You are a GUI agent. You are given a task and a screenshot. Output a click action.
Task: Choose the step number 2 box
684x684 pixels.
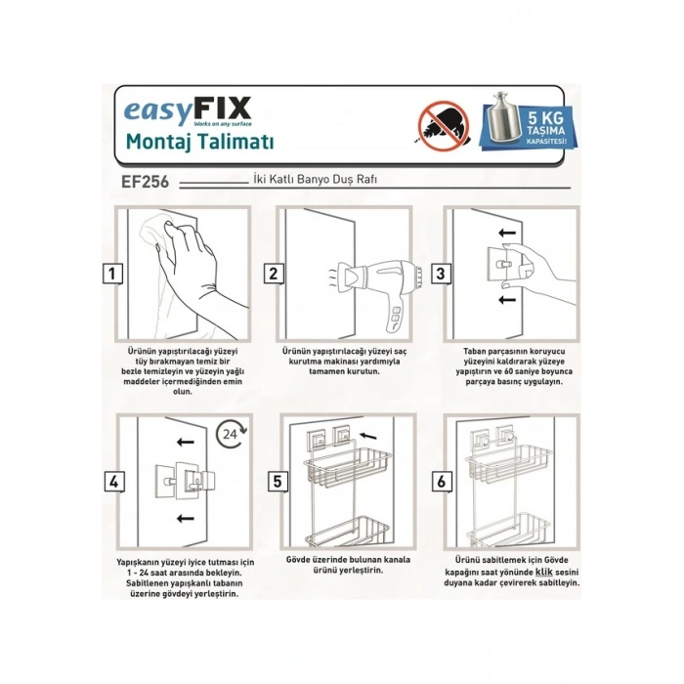click(x=275, y=275)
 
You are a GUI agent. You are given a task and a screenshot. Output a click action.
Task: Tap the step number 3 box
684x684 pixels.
click(x=441, y=275)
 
